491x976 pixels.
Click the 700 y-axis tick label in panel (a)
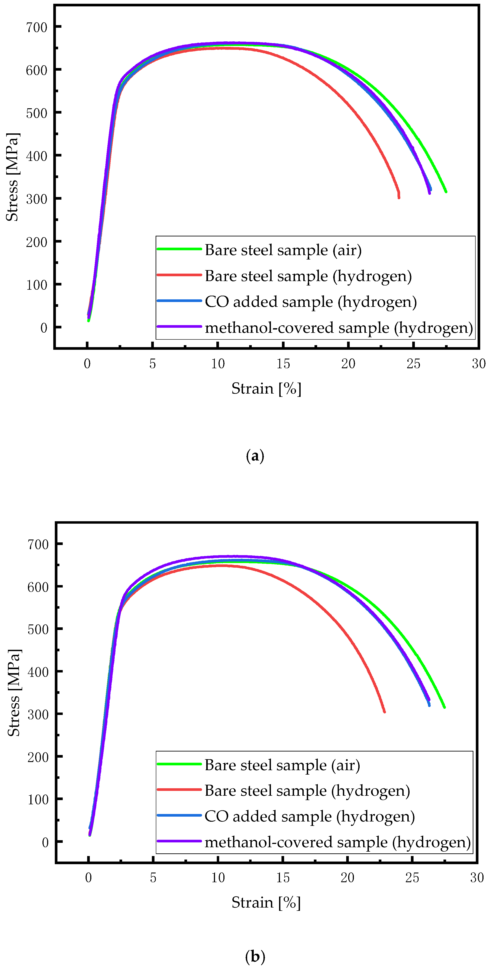(x=36, y=27)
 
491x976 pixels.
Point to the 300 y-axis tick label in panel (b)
(x=38, y=715)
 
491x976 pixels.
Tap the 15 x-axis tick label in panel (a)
(x=283, y=364)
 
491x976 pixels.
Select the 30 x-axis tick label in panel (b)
(x=477, y=877)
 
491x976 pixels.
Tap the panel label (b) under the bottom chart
(x=255, y=956)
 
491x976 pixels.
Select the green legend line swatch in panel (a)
(x=179, y=249)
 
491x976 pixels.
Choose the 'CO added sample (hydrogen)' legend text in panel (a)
(x=311, y=302)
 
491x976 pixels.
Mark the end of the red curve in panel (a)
(x=399, y=197)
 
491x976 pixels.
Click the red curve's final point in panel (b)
(x=384, y=712)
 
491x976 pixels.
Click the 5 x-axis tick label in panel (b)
(x=153, y=877)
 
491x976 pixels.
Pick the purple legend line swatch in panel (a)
(x=179, y=326)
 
